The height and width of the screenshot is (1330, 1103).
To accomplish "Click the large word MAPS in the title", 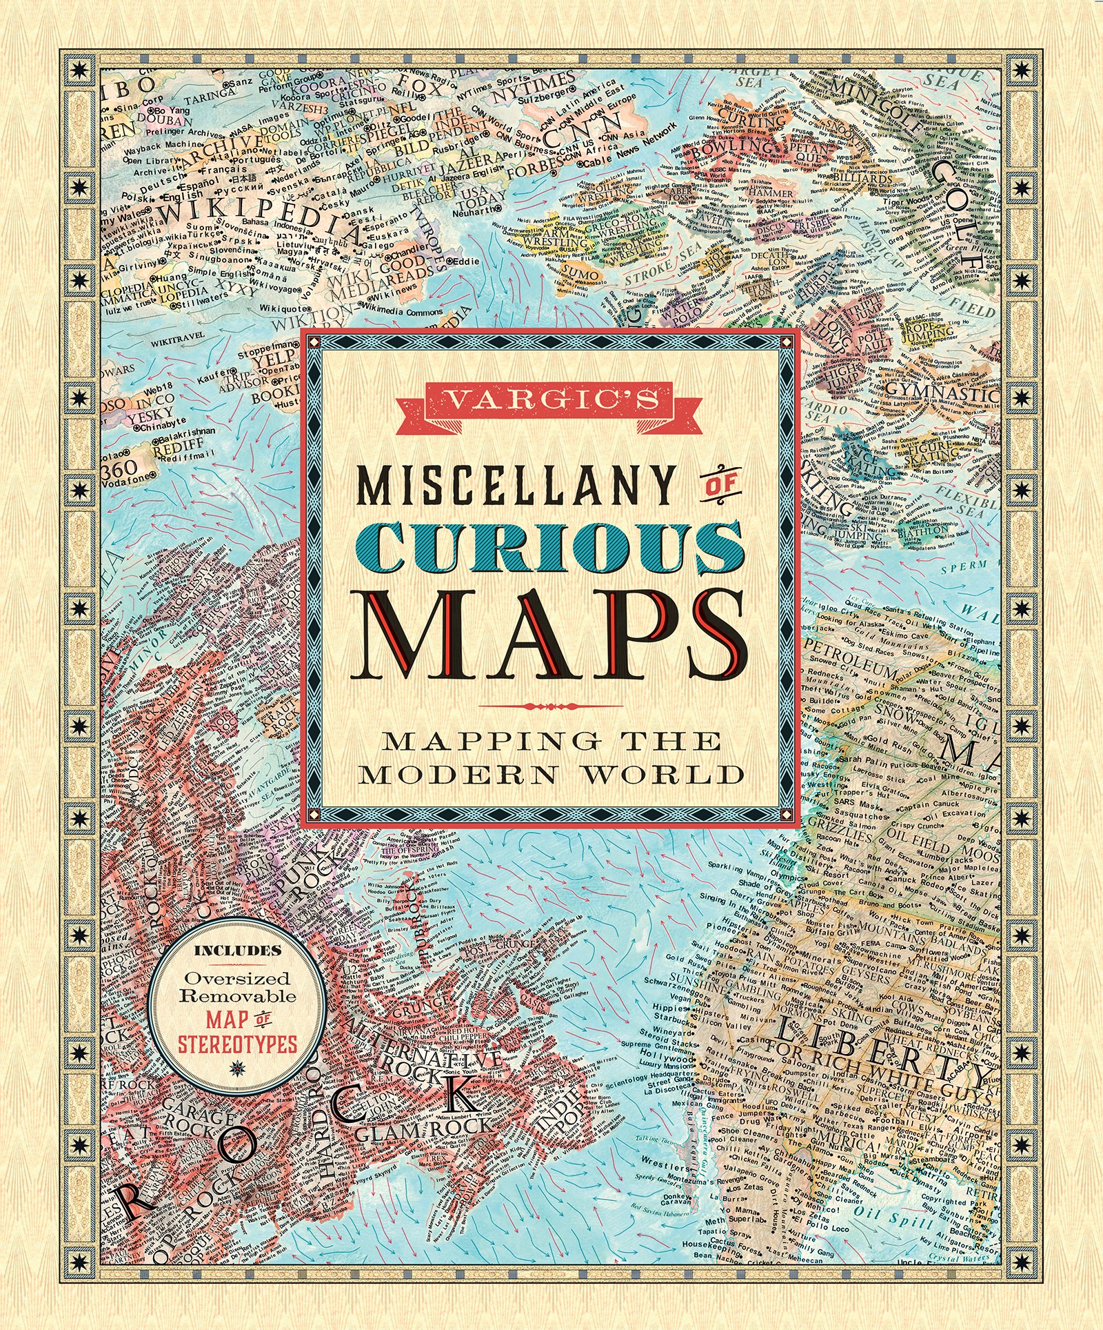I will coord(549,636).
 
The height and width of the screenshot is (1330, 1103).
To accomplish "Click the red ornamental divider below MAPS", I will coord(549,706).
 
